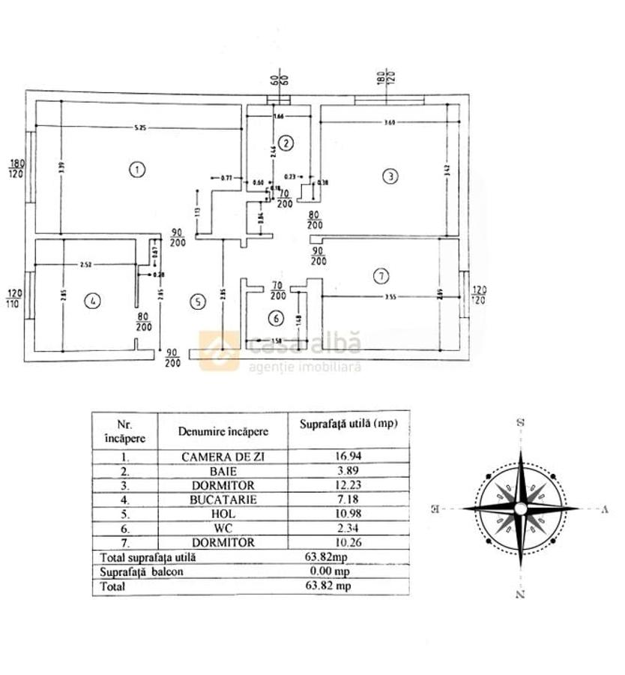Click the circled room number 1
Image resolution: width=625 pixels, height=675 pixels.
[136, 169]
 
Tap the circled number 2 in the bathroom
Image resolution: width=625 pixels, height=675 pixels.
[285, 143]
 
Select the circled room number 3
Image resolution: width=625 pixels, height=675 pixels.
[390, 176]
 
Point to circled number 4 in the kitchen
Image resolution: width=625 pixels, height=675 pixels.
[93, 301]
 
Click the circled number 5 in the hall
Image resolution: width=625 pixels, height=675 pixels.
[197, 302]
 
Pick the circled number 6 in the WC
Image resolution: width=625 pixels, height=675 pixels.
[277, 319]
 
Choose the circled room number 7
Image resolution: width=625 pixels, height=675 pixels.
[381, 277]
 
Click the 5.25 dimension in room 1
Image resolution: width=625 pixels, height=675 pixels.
[140, 128]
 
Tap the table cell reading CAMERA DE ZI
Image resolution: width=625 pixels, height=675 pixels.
[223, 455]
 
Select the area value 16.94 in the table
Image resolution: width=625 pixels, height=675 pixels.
[348, 455]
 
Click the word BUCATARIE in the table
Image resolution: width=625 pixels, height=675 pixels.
[223, 499]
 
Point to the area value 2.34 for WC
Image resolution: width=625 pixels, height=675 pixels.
[348, 527]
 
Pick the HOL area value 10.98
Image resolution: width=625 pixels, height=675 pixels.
[348, 513]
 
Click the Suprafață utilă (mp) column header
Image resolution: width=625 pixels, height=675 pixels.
[348, 424]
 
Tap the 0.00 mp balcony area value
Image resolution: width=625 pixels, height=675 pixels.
[348, 571]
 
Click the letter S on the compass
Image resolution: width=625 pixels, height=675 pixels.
[520, 423]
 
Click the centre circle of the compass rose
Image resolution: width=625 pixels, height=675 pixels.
[520, 509]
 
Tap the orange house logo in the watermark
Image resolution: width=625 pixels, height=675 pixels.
[219, 351]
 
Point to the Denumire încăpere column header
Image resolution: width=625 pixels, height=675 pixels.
[223, 431]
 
